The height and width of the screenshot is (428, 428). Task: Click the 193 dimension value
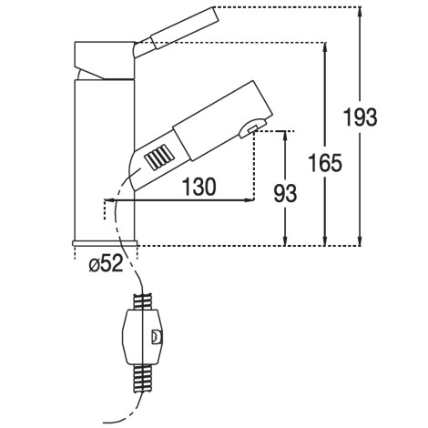tap(361, 117)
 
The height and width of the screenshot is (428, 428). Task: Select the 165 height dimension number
tap(325, 163)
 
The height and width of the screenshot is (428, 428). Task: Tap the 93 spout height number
tap(285, 193)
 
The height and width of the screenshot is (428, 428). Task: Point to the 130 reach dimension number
tap(199, 187)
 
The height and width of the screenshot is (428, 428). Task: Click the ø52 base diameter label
tap(106, 263)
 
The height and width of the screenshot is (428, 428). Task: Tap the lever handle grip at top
tap(185, 28)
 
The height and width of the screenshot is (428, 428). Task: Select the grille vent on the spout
tap(159, 157)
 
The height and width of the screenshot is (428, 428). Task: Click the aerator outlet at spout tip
tap(252, 128)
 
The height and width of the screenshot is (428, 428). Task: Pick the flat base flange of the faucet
tap(105, 243)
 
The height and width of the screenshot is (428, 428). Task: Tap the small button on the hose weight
tap(157, 337)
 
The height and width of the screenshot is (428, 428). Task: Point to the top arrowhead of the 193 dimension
tap(360, 12)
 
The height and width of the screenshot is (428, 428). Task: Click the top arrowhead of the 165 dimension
tap(325, 48)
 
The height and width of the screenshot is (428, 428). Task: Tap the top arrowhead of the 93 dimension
tap(285, 137)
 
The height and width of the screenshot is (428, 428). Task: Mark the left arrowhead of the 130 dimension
tap(109, 200)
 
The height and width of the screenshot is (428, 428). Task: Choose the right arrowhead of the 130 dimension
tap(249, 200)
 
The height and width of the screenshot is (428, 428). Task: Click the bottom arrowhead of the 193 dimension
tap(360, 239)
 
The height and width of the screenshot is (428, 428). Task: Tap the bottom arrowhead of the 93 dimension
tap(285, 239)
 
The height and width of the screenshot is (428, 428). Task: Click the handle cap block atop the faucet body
tap(104, 60)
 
